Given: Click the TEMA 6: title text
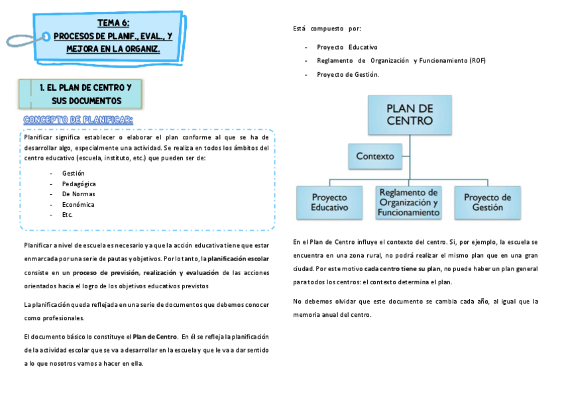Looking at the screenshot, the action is point(113,23).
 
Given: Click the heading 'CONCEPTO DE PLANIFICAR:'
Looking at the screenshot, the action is point(78,119).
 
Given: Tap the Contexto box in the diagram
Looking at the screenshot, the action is point(374,156).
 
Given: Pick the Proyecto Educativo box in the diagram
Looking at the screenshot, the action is point(329,202).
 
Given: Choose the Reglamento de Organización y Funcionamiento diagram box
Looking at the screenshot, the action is point(408,202).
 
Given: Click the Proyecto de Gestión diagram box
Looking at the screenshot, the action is point(487,202).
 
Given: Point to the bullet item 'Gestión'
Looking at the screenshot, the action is point(74,173).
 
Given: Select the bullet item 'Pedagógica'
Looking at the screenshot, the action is point(79,184).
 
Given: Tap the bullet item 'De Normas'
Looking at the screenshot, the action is point(78,194).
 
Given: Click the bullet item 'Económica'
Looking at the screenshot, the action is point(78,205).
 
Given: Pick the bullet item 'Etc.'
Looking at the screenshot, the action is point(68,215).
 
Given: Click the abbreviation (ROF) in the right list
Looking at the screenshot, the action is point(477,61).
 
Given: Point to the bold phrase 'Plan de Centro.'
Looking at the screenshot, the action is point(155,336).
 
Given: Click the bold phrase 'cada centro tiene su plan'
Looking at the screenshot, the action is point(402,268).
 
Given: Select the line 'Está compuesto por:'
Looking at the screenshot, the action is point(327,28).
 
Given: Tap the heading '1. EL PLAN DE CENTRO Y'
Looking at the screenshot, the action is point(85,87).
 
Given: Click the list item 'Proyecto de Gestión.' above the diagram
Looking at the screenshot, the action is point(347,74).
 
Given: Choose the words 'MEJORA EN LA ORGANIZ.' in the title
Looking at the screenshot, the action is point(113,49).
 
